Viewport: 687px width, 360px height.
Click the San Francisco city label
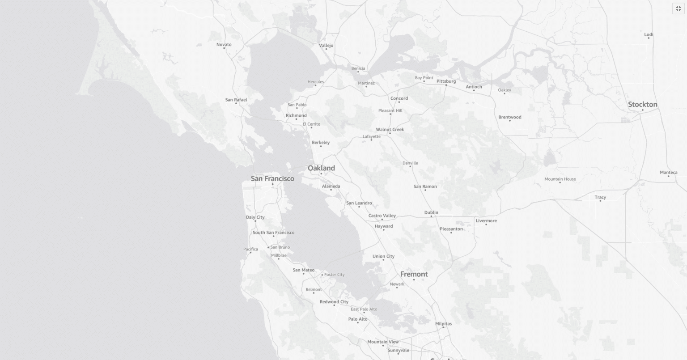[272, 178]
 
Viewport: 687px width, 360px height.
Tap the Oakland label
[321, 168]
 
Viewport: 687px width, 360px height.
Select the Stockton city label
[642, 105]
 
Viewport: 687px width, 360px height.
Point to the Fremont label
[414, 274]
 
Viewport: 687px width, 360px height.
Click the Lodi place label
[649, 34]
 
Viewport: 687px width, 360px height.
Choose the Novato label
[224, 45]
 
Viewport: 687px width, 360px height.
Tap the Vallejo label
[326, 46]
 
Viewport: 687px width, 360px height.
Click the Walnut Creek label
[390, 130]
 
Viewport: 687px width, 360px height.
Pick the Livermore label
[486, 221]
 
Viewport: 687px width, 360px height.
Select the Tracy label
[600, 197]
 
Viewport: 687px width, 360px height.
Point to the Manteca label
[669, 173]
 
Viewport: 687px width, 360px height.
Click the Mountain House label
[560, 179]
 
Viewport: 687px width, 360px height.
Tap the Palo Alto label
[358, 319]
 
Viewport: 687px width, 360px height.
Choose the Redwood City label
[334, 302]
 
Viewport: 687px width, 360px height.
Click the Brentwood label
[510, 117]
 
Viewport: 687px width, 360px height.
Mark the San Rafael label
[236, 100]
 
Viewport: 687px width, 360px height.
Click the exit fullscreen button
[678, 8]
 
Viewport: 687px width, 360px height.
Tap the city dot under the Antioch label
[474, 91]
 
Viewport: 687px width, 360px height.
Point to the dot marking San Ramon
[425, 190]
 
